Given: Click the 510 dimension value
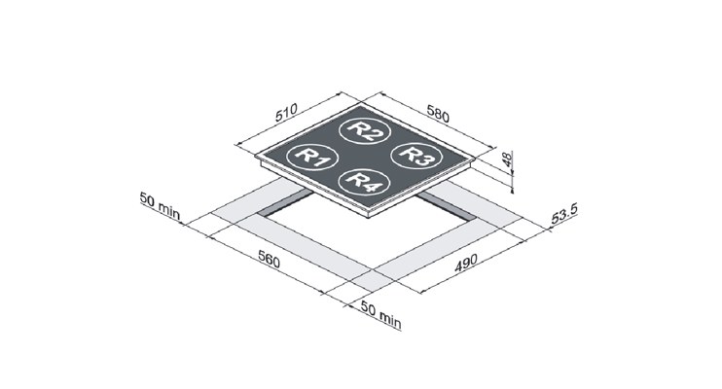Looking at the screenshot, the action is click(x=286, y=113).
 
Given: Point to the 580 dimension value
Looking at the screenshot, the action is click(x=438, y=114).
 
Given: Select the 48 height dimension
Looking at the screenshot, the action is click(x=507, y=159).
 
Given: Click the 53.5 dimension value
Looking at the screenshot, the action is click(x=563, y=214).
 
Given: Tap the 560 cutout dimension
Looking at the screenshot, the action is click(x=269, y=260).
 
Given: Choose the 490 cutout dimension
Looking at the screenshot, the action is click(x=465, y=263).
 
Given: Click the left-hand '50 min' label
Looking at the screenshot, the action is click(x=160, y=206).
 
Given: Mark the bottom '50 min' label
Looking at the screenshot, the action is click(x=380, y=315).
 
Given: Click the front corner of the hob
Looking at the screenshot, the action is click(x=369, y=216).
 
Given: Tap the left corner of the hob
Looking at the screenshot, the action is click(x=256, y=157).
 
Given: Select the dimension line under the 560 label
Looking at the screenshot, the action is click(x=267, y=265).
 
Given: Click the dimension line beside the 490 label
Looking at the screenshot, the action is click(x=473, y=266).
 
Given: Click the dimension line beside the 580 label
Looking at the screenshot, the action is click(x=436, y=121).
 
